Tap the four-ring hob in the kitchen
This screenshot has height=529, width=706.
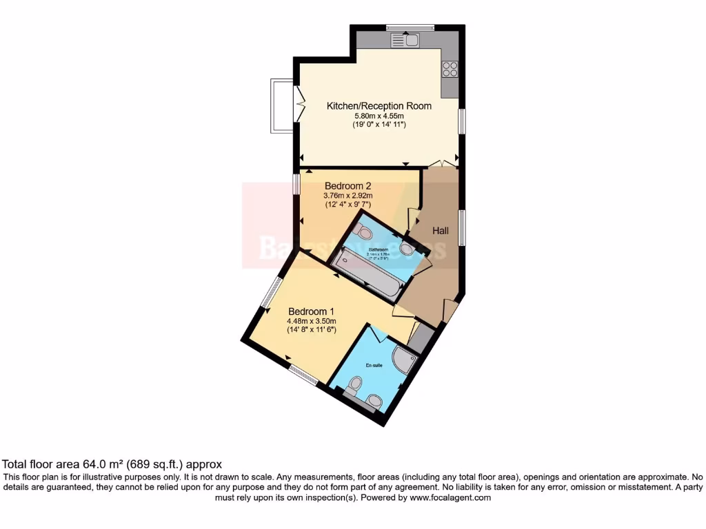(x=450, y=69)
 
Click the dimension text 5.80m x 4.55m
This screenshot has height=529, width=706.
(x=379, y=116)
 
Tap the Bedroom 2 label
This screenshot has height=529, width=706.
(x=348, y=186)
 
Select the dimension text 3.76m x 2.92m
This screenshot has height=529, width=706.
(x=348, y=196)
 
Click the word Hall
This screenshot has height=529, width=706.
(x=441, y=231)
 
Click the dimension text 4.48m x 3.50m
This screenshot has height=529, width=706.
(x=312, y=320)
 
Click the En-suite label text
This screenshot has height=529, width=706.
(x=374, y=366)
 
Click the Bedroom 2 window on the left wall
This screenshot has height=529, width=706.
(x=296, y=184)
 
